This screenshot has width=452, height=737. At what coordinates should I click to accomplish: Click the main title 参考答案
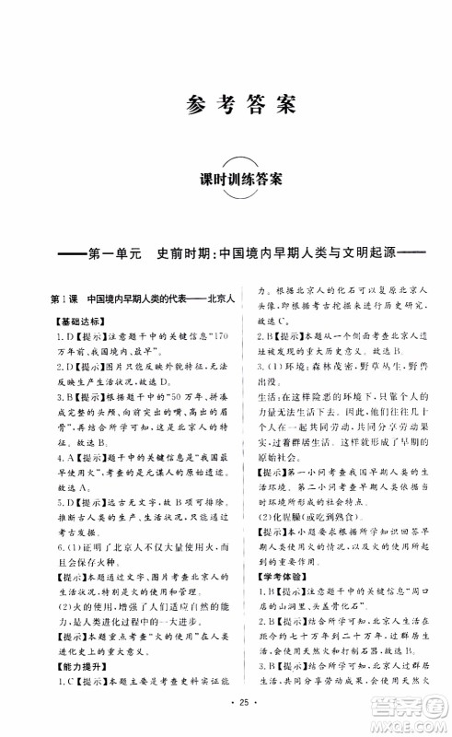(x=226, y=103)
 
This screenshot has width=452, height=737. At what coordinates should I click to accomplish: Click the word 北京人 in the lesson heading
(x=220, y=299)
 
